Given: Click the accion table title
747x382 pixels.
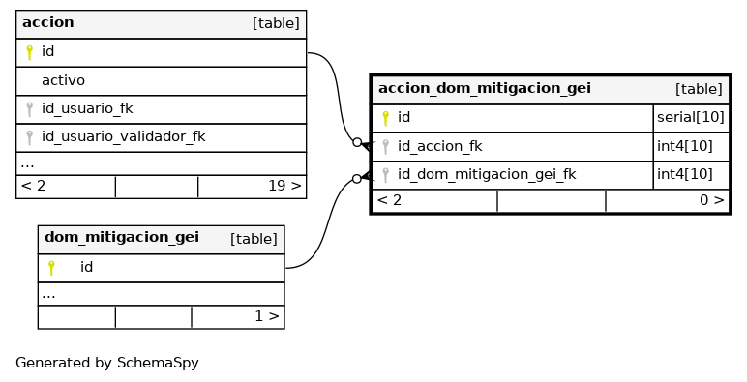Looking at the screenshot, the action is point(48,22).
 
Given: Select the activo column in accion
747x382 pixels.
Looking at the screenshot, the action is point(63,80).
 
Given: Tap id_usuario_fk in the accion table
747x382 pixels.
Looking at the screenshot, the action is point(87,109).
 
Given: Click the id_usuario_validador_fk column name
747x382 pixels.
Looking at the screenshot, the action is point(124,137).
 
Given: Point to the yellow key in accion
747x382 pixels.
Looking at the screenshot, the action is point(30,52).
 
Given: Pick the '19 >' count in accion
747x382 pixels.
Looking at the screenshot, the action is point(284,186).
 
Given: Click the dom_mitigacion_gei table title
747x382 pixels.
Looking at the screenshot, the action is point(122,238).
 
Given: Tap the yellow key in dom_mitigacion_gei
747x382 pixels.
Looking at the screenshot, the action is point(51,268).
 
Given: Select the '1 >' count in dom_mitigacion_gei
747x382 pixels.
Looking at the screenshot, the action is point(267,316).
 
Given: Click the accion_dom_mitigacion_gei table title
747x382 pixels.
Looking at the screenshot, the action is point(485,89).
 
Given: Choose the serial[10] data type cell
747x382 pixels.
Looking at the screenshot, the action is point(690,117).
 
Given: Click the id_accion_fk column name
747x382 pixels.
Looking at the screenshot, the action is point(439,146).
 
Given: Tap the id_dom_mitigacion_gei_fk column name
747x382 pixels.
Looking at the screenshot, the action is point(487,175).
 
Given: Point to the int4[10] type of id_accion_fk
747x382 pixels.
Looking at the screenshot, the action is point(685,146).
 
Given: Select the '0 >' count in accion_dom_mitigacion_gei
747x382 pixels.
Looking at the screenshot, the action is point(712,200).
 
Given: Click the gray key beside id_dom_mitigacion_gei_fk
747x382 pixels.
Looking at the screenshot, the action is point(386,175).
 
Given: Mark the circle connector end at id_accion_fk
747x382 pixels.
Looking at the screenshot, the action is point(357,142).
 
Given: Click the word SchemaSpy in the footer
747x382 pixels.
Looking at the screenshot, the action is point(158,364).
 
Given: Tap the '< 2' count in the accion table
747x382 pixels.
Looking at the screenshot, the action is point(33,186).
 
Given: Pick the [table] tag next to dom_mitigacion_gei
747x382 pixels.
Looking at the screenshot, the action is point(254,239).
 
